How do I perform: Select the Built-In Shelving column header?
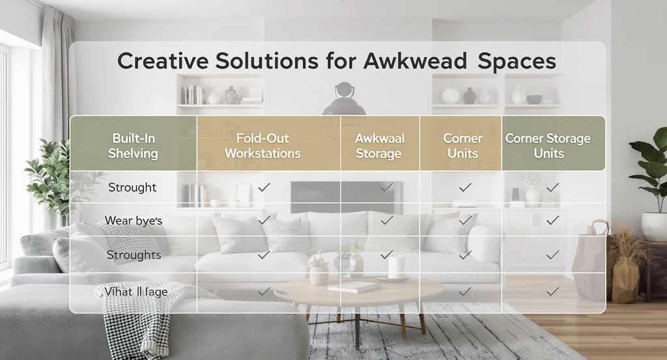135,146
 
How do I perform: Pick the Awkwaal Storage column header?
379,146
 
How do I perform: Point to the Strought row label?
132,187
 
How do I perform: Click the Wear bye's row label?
134,221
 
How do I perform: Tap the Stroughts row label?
134,255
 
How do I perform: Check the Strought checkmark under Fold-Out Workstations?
264,187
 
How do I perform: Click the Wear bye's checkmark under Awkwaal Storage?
387,221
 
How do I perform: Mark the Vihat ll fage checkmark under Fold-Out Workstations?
264,292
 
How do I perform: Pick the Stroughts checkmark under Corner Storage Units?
553,255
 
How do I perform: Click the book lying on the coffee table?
353,286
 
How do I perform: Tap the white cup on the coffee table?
396,267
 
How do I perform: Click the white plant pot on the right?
654,225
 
